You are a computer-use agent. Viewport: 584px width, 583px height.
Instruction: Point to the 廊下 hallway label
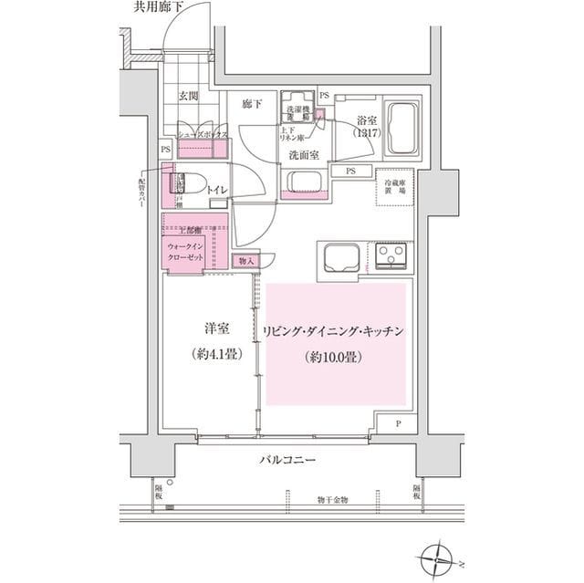pos(252,104)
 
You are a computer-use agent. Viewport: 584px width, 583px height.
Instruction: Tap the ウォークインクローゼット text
pos(190,252)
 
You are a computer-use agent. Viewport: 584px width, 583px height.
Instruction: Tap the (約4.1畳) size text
pos(216,355)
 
